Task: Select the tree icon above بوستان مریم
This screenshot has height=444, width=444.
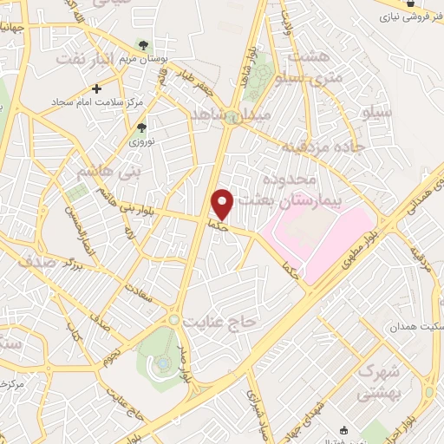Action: tap(143, 45)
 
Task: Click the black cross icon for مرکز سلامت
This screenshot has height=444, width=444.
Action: tap(96, 88)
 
